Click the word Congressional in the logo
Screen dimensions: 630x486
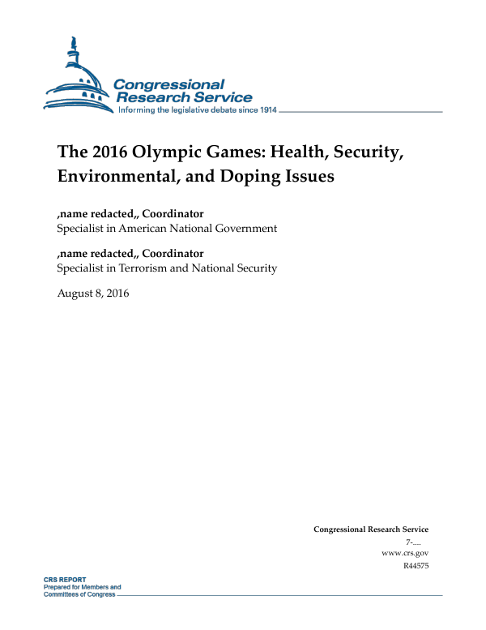168,84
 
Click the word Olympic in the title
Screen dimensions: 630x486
174,152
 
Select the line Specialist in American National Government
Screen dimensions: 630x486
167,229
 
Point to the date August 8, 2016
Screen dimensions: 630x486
93,293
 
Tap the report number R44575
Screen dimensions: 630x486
416,565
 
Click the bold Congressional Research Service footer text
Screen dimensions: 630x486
371,529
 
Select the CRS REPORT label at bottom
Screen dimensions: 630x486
66,581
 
